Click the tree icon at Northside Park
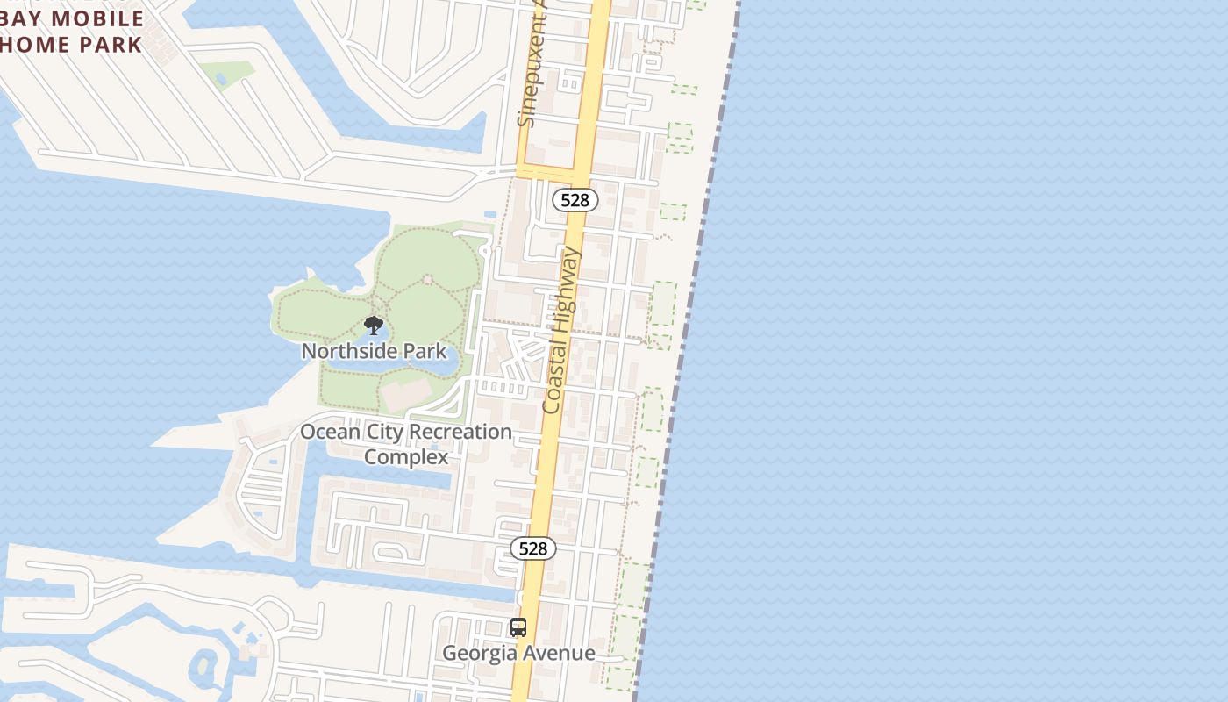374,326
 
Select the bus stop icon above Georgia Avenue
518,627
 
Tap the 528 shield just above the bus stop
532,548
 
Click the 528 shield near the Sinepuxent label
575,200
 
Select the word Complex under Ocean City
406,457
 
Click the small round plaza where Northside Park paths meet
428,279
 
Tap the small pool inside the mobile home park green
220,78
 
